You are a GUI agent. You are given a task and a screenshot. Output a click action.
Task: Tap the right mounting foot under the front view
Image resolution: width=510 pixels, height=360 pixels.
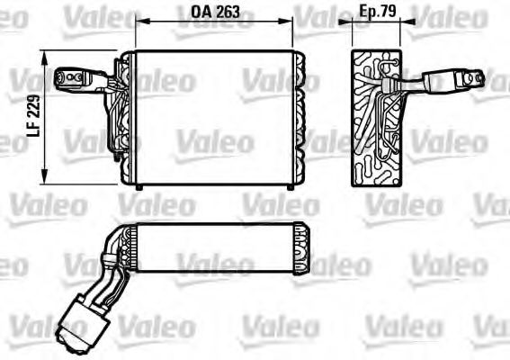289,186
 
